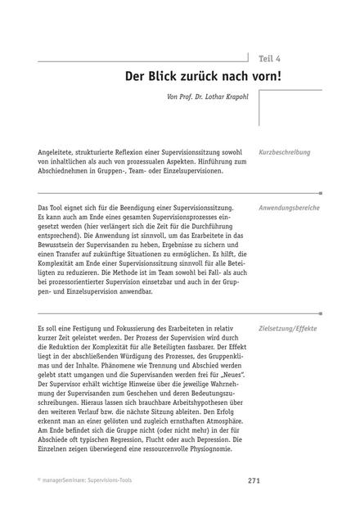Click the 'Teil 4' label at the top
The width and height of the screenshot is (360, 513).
[x=270, y=58]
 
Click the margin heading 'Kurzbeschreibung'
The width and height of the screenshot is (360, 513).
[x=284, y=152]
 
